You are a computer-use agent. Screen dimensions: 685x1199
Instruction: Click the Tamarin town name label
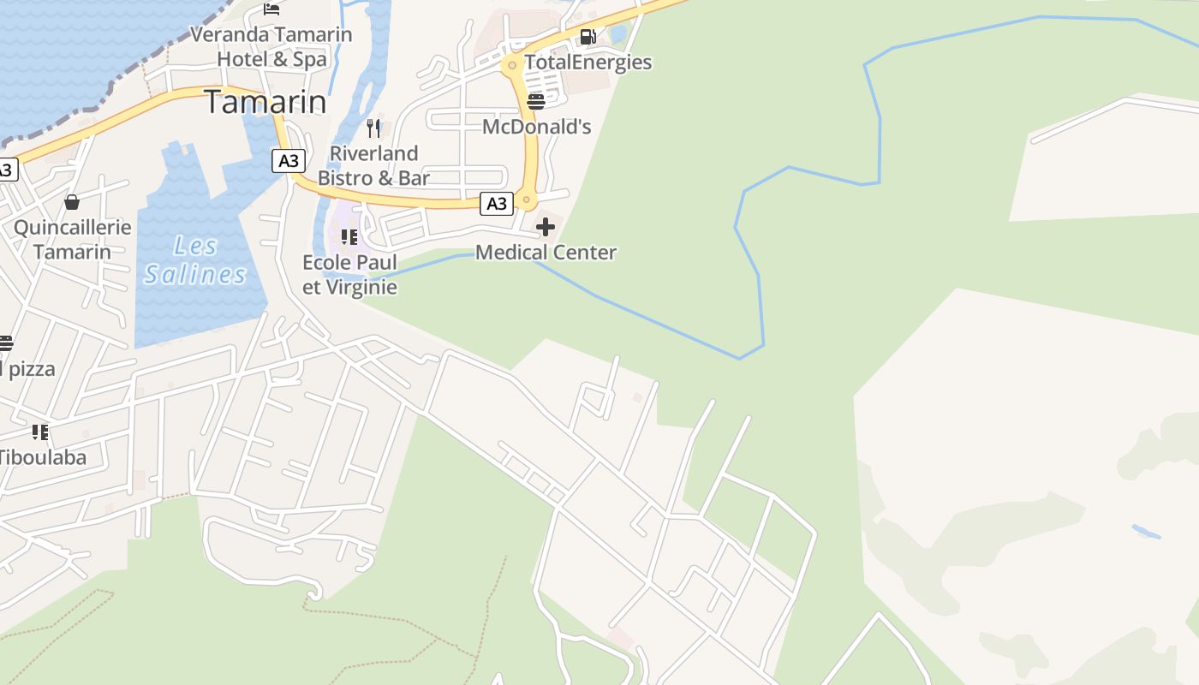coord(265,102)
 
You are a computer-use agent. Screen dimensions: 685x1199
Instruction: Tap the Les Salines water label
coord(195,260)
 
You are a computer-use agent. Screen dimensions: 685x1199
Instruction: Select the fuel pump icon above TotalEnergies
coord(588,37)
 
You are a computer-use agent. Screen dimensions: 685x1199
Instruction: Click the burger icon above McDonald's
coord(536,102)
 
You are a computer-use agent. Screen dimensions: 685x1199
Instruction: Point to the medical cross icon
coord(546,227)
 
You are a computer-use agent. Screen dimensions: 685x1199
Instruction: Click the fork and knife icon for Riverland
coord(373,128)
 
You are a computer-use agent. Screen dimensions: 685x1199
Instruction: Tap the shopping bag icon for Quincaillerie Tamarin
coord(72,202)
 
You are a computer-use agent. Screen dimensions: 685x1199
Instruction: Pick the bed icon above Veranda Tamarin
coord(271,9)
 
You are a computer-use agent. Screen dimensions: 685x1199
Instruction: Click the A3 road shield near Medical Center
coord(497,203)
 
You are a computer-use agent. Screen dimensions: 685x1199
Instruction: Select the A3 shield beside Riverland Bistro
coord(289,160)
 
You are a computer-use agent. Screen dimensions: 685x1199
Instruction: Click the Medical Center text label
coord(546,253)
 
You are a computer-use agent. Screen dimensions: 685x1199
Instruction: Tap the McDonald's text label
coord(537,127)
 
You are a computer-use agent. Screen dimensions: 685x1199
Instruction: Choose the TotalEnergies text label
coord(588,63)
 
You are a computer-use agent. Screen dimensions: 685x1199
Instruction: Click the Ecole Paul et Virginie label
coord(349,274)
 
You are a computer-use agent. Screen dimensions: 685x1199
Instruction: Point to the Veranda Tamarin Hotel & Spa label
coord(271,47)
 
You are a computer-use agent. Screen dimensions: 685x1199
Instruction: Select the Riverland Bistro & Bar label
coord(373,165)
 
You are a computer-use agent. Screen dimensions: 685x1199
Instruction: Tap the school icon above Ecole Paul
coord(349,236)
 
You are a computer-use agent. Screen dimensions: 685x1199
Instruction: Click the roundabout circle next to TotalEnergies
coord(512,65)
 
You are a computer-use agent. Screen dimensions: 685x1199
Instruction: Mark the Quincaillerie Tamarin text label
coord(73,240)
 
